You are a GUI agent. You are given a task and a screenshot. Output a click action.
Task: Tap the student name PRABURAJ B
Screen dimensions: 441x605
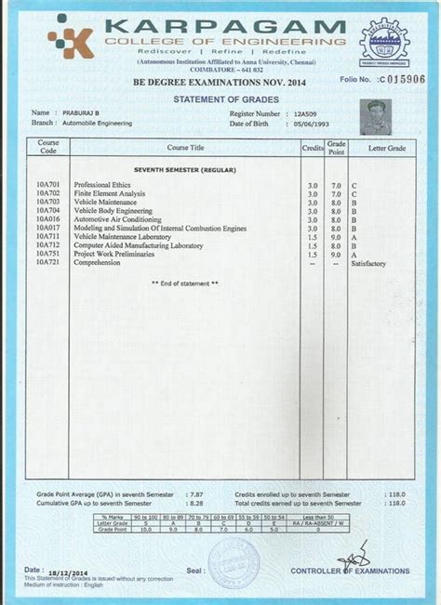tap(78, 112)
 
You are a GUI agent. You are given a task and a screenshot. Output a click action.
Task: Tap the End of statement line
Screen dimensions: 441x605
tap(185, 283)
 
